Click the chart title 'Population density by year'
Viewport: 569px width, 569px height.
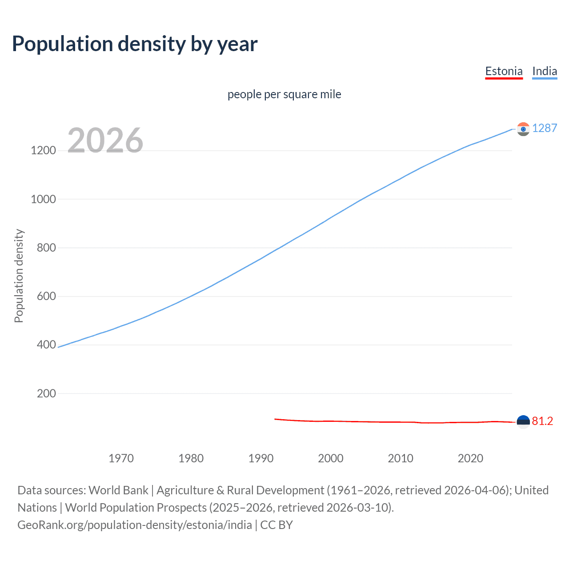pyautogui.click(x=135, y=44)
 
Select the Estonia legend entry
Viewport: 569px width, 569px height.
pyautogui.click(x=504, y=71)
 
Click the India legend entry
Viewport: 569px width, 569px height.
pyautogui.click(x=545, y=71)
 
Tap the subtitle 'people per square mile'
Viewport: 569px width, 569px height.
pyautogui.click(x=284, y=94)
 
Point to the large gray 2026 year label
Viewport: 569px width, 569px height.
pyautogui.click(x=105, y=140)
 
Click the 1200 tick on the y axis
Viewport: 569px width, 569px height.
pyautogui.click(x=43, y=150)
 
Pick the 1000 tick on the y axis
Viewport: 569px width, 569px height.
pyautogui.click(x=43, y=199)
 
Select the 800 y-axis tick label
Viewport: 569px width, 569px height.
pyautogui.click(x=46, y=248)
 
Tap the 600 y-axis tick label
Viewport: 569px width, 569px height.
pyautogui.click(x=46, y=296)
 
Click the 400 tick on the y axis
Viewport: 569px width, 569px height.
pyautogui.click(x=46, y=345)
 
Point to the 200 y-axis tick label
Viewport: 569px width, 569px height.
pyautogui.click(x=46, y=393)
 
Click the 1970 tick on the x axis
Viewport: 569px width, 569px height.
pyautogui.click(x=121, y=458)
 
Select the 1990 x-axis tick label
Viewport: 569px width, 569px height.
pyautogui.click(x=261, y=458)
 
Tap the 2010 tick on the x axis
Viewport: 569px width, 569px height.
pyautogui.click(x=401, y=458)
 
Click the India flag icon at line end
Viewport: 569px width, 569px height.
pyautogui.click(x=523, y=129)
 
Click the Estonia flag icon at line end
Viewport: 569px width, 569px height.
pyautogui.click(x=523, y=421)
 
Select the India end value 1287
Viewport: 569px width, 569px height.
pyautogui.click(x=545, y=128)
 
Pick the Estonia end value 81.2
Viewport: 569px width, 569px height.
pyautogui.click(x=542, y=421)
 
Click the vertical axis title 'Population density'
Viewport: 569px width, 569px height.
pyautogui.click(x=19, y=276)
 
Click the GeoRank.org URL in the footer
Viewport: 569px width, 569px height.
pyautogui.click(x=135, y=525)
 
